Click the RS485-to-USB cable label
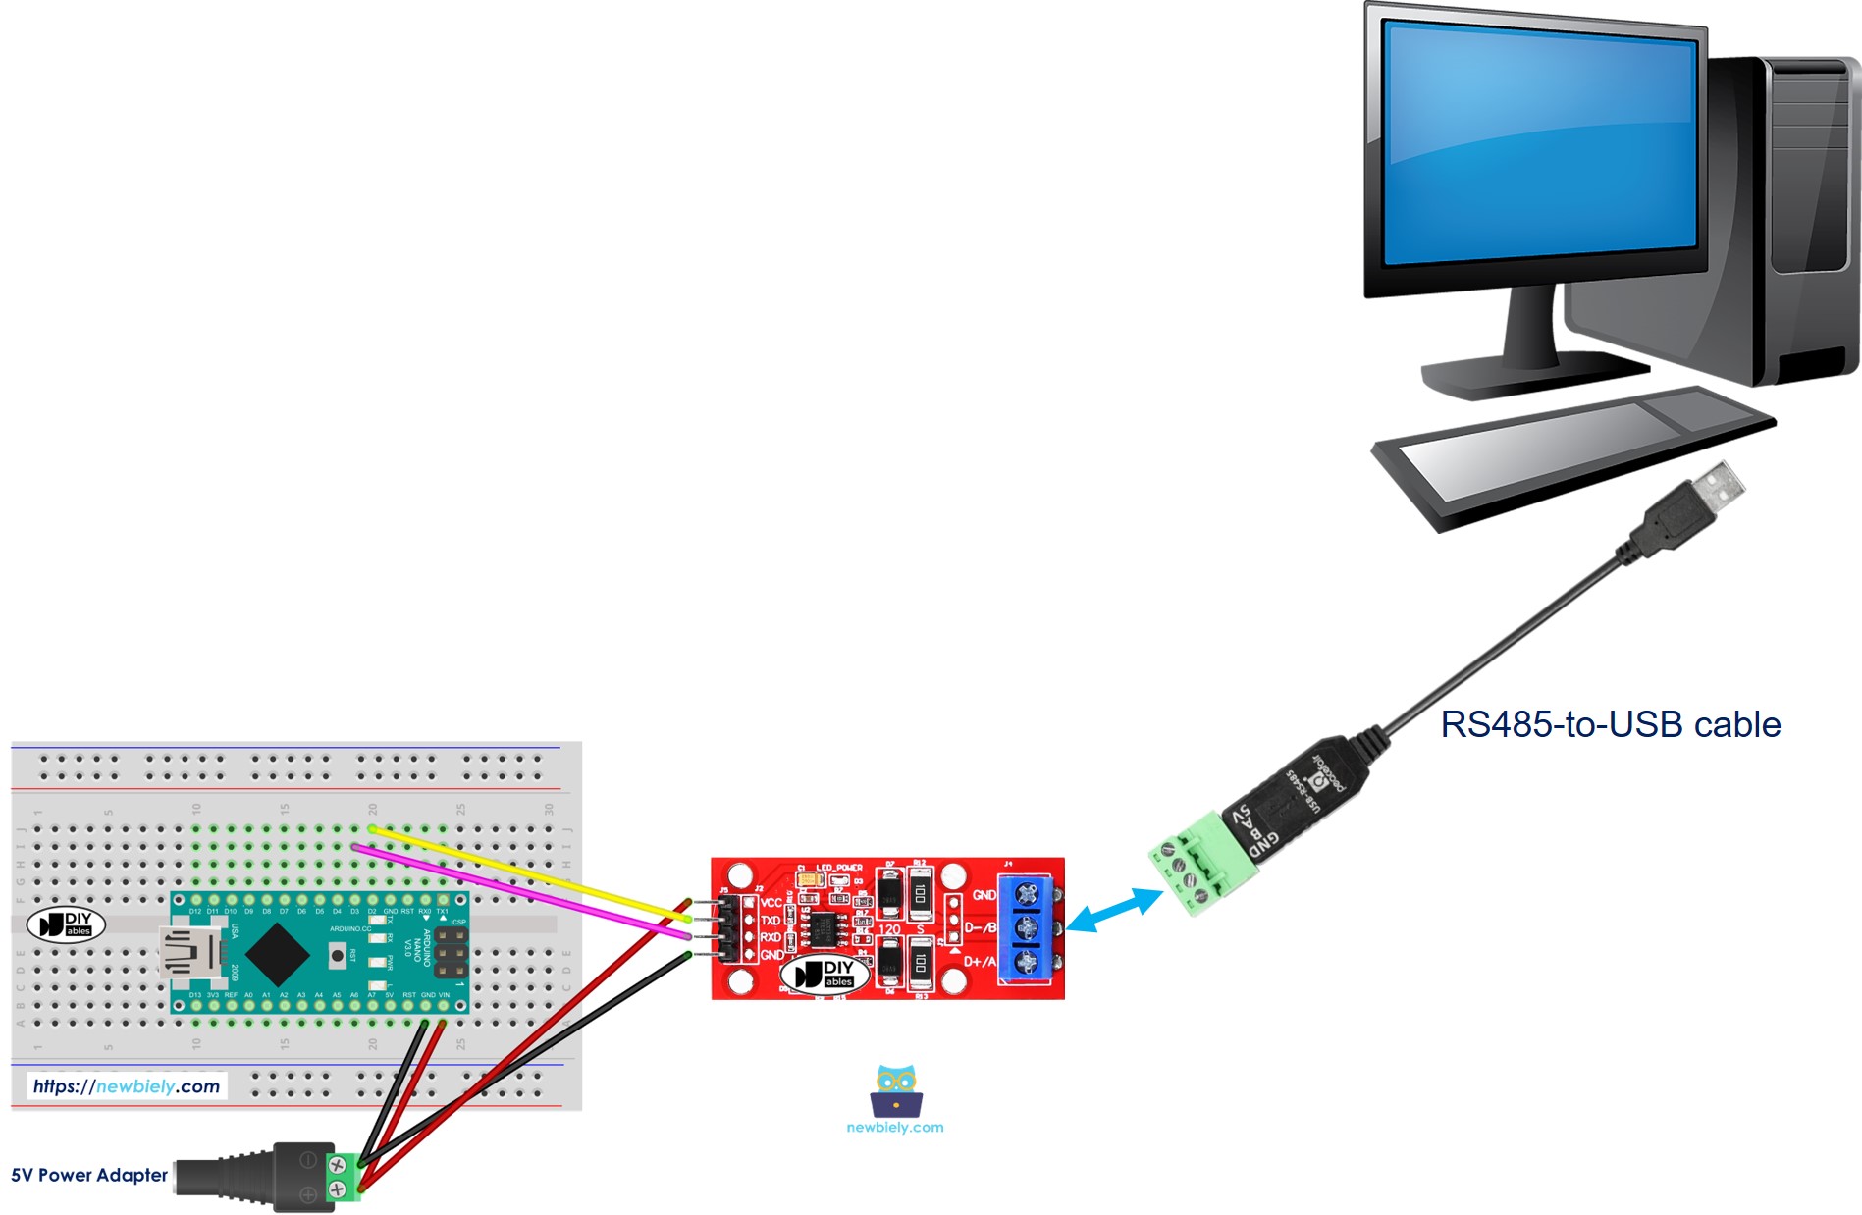tap(1610, 724)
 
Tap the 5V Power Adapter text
tap(89, 1175)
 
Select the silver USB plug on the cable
tap(1718, 489)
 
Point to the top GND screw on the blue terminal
tap(1027, 893)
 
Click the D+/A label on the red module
tap(980, 961)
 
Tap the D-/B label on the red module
tap(980, 927)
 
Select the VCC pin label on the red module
tap(771, 902)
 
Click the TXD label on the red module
tap(771, 920)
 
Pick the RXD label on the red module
tap(771, 937)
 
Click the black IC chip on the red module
tap(824, 926)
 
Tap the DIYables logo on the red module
tap(825, 974)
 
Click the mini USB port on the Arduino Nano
tap(188, 952)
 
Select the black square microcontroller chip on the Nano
tap(278, 953)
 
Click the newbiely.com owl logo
tap(895, 1091)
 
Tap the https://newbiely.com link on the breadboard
tap(127, 1086)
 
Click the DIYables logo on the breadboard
tap(66, 924)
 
